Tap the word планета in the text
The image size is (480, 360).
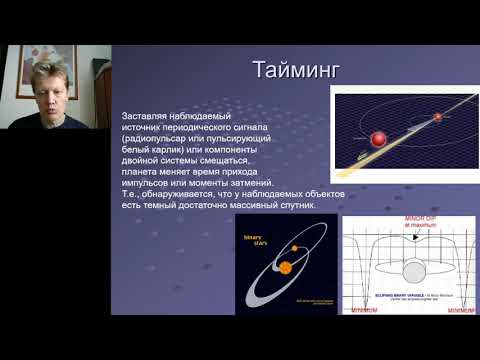pos(138,172)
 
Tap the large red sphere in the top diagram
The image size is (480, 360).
pos(380,137)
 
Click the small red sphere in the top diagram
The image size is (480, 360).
pos(436,118)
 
